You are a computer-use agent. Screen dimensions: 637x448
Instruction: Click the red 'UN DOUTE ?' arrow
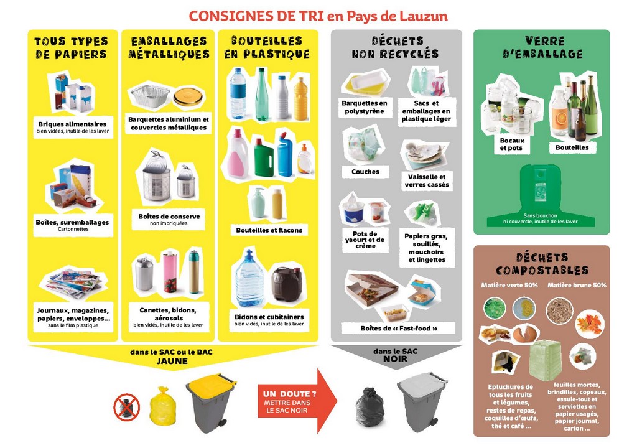tap(297, 401)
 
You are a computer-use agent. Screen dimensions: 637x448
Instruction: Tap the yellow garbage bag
tap(162, 406)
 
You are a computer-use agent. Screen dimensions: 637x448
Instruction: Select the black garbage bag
tap(370, 408)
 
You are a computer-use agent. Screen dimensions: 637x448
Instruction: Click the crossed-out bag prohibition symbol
tap(126, 407)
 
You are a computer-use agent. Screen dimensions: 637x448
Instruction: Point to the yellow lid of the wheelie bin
tap(212, 381)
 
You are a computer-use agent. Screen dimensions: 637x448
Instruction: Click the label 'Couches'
tap(365, 172)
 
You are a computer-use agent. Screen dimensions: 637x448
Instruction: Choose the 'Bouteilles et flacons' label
tap(269, 230)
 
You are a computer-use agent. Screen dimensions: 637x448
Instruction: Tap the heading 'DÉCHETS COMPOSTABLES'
tap(542, 264)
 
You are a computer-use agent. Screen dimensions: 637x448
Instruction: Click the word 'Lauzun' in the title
tap(423, 16)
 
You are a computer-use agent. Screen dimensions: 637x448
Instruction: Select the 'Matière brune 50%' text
tap(577, 286)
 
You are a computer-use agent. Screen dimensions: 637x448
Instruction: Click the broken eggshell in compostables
tap(525, 334)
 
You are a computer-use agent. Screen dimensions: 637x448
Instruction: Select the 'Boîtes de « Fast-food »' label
tap(399, 328)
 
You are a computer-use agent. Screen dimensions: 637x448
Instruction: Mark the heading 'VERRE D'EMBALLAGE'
tap(542, 47)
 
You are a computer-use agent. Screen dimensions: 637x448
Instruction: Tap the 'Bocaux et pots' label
tap(511, 144)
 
